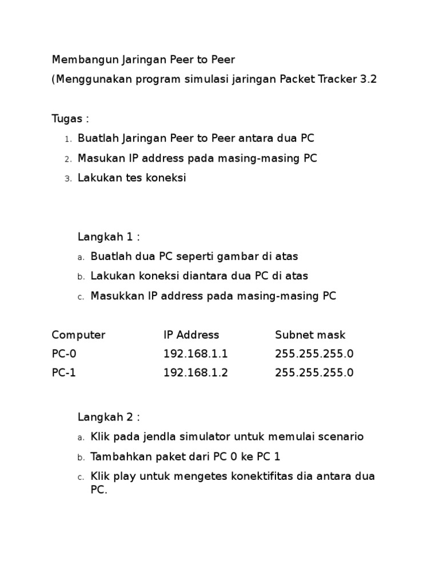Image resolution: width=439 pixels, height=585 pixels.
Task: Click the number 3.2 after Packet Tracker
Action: point(368,79)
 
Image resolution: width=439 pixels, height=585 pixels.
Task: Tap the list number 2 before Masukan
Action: point(67,159)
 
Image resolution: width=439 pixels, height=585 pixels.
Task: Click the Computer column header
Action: point(78,335)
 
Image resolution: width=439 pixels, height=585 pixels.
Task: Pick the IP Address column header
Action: point(191,335)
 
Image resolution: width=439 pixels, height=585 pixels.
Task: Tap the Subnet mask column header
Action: point(310,335)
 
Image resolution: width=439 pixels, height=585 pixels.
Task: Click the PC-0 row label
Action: point(63,354)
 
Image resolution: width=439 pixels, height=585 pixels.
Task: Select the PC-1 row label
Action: point(63,373)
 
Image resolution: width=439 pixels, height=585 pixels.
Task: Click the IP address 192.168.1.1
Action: point(195,354)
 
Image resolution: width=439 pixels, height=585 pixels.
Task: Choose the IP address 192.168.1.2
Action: point(195,373)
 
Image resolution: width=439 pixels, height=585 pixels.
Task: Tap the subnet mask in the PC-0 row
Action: point(314,354)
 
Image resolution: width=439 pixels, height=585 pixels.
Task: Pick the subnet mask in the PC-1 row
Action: point(314,373)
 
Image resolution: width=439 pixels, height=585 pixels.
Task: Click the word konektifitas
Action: point(264,476)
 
